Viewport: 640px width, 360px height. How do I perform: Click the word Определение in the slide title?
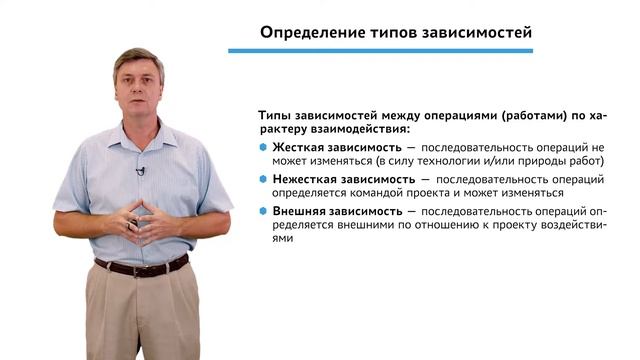coord(309,32)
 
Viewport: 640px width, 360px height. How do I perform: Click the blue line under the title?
coord(391,50)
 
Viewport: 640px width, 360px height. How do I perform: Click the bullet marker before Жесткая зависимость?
coord(263,147)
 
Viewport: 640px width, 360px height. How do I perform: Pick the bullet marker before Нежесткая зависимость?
coord(263,179)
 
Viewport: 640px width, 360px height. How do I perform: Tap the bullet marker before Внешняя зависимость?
coord(263,212)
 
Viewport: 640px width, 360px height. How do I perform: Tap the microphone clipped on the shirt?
coord(141,171)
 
